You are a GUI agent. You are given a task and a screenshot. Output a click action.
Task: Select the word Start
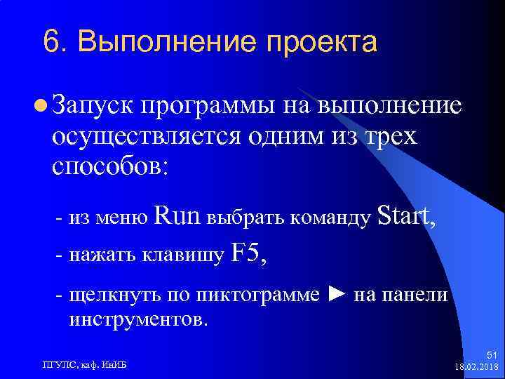click(406, 216)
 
